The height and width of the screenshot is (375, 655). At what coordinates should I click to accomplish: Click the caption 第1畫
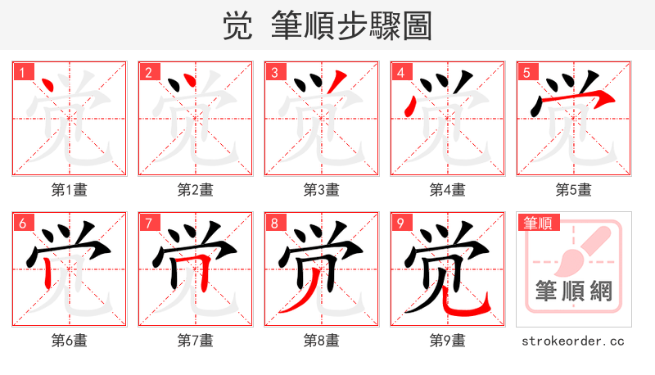(x=70, y=190)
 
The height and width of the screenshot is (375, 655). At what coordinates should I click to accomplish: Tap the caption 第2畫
(x=196, y=190)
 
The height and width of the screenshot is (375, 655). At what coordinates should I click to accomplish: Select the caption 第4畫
(x=448, y=190)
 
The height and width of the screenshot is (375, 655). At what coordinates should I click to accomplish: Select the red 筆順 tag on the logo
(x=537, y=223)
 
